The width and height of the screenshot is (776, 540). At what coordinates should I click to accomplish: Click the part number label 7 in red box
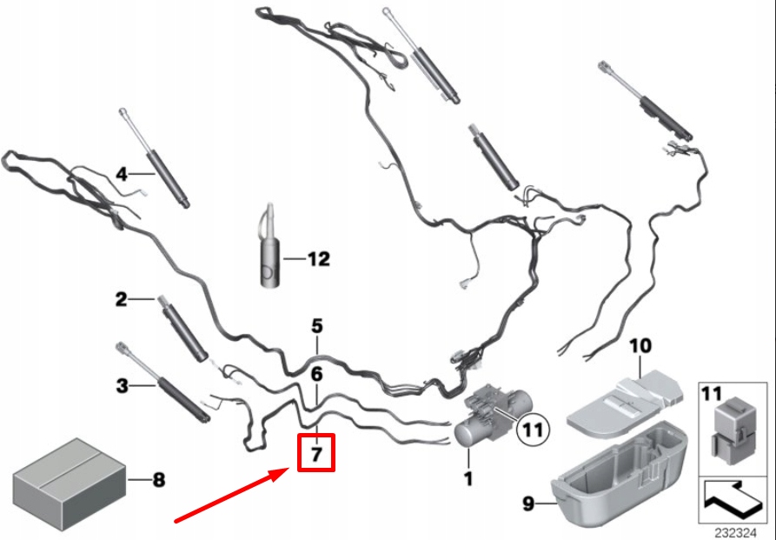coord(315,453)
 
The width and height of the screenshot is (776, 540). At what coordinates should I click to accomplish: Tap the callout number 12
coord(319,259)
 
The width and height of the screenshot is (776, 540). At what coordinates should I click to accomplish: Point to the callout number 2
coord(122,300)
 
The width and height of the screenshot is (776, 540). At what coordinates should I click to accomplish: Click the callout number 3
coord(122,384)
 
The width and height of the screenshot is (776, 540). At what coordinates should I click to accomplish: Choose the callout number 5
coord(317,326)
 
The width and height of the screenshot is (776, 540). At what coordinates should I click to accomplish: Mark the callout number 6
coord(317,375)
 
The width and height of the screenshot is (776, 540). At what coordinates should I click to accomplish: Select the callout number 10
coord(640,345)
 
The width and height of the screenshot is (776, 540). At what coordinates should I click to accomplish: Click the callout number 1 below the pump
coord(468,478)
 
